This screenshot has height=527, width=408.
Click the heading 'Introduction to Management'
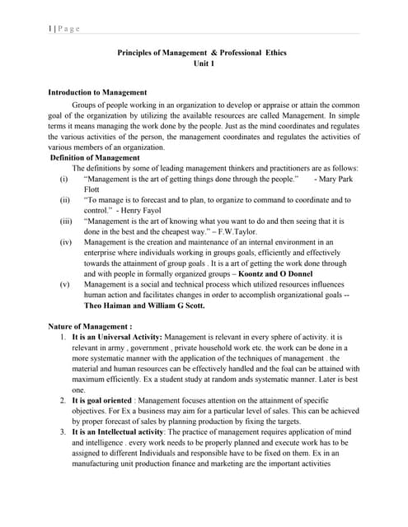pos(97,92)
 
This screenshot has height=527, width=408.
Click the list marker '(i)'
pos(64,178)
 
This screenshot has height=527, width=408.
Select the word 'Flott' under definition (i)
pos(92,189)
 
